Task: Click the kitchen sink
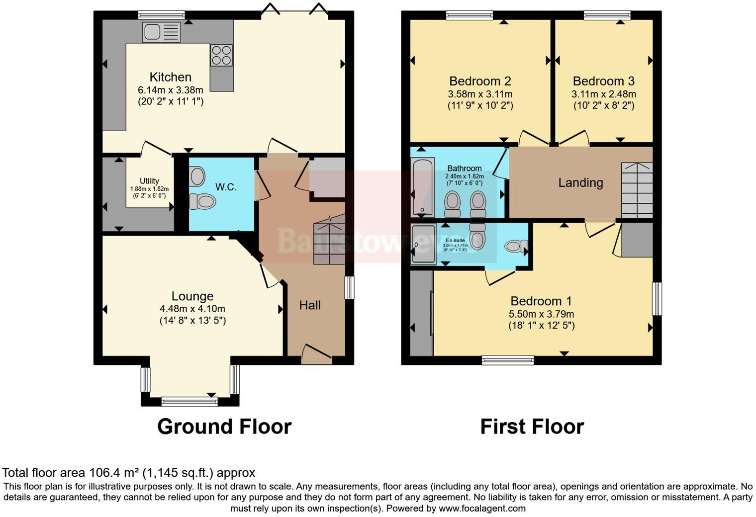(161, 33)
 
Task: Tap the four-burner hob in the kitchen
(221, 55)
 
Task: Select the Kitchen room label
(171, 77)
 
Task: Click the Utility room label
(149, 181)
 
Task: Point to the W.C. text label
(226, 187)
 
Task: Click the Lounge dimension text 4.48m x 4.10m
(192, 309)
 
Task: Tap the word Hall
(310, 305)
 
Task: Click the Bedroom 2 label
(480, 81)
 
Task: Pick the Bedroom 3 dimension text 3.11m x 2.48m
(603, 94)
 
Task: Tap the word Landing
(580, 183)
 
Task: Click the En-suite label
(455, 240)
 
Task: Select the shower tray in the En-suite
(423, 244)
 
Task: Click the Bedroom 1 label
(541, 301)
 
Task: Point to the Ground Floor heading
(224, 427)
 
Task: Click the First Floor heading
(532, 427)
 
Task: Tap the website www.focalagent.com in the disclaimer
(482, 509)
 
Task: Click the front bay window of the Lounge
(189, 401)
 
